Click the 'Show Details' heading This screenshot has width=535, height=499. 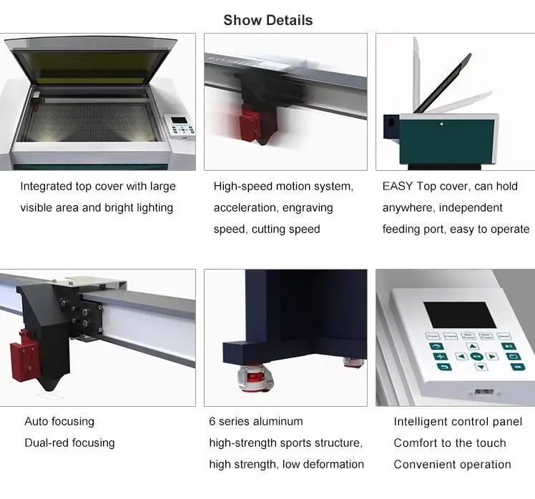(267, 20)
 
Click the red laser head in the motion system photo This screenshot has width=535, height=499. (251, 122)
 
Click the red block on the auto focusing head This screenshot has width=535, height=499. (21, 355)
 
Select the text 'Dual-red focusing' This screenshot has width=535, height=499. (69, 443)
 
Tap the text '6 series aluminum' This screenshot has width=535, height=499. (255, 421)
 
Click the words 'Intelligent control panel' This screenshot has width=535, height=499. (458, 421)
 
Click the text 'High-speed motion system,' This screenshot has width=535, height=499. (283, 187)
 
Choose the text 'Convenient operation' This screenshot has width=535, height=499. (452, 464)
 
